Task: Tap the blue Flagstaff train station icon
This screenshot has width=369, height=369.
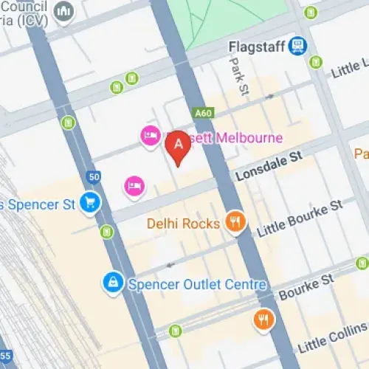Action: click(x=297, y=46)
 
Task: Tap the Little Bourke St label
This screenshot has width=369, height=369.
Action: click(x=300, y=218)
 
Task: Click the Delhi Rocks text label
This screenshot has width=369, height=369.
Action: click(x=184, y=222)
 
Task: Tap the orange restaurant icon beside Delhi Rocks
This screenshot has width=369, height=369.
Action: click(x=235, y=221)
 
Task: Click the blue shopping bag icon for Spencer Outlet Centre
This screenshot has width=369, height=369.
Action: click(x=113, y=283)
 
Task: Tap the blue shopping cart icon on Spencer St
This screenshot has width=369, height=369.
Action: click(x=90, y=201)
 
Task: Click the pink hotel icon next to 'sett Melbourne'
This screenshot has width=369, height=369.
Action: click(x=151, y=136)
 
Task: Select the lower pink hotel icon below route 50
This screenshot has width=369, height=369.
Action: click(x=134, y=184)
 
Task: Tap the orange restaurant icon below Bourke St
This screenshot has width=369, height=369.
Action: click(x=263, y=320)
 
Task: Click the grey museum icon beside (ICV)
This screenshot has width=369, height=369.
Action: click(x=66, y=12)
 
